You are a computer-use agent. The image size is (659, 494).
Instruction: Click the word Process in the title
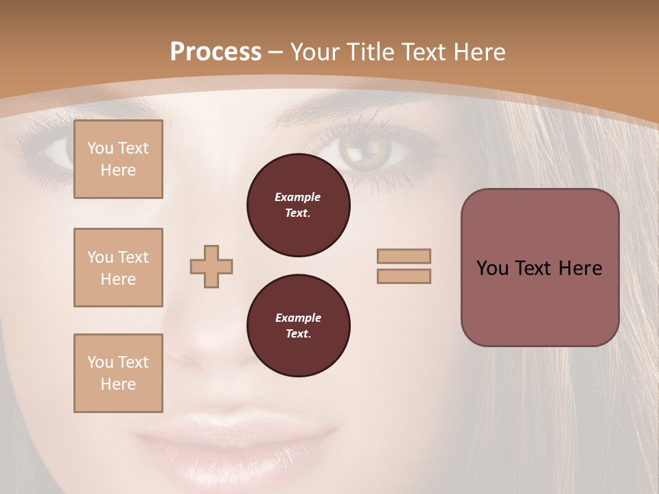click(216, 51)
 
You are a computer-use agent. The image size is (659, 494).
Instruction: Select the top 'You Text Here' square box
click(118, 159)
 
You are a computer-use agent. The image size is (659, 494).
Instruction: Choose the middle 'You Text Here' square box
click(118, 268)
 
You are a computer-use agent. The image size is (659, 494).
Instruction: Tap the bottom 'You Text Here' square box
click(118, 373)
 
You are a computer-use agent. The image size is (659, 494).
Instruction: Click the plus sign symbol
click(211, 266)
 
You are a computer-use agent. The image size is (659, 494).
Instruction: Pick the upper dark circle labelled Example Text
click(298, 205)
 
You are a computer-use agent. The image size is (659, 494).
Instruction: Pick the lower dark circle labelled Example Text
click(298, 326)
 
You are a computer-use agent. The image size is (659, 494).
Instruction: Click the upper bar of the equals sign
click(404, 256)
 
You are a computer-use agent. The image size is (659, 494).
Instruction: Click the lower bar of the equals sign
click(404, 276)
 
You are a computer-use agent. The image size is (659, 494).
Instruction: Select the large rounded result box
click(540, 268)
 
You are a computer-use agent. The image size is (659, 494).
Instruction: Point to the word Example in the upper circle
click(298, 197)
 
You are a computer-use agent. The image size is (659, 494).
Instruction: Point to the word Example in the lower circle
click(298, 318)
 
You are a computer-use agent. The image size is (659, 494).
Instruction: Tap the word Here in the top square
click(118, 170)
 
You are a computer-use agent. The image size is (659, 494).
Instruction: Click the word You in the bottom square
click(100, 362)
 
